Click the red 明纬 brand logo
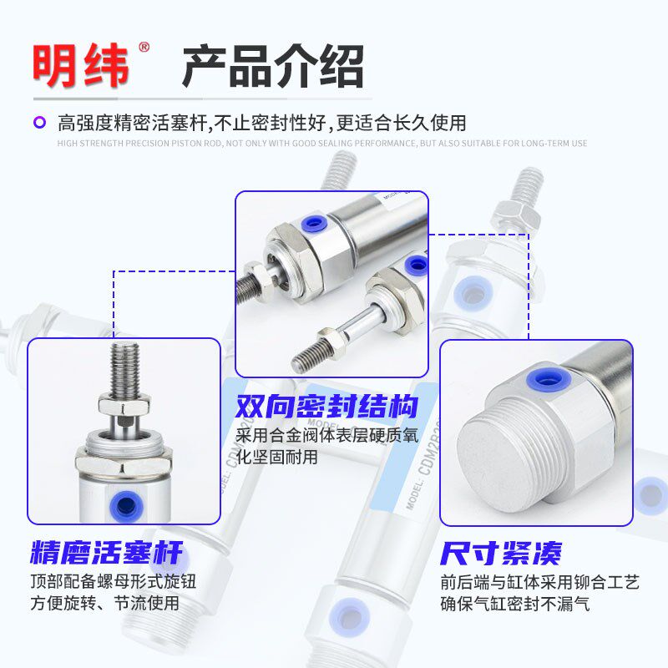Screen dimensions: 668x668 point(81,65)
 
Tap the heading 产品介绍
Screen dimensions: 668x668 point(273,66)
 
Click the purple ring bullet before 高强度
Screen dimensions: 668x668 point(39,123)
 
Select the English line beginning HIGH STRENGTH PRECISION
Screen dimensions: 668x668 point(321,143)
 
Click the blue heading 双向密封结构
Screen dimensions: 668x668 point(326,408)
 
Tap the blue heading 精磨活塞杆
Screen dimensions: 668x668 point(105,552)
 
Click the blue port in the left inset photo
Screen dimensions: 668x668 point(125,503)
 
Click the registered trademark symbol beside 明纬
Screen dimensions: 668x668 point(144,48)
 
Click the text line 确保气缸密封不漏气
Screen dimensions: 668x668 point(515,602)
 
